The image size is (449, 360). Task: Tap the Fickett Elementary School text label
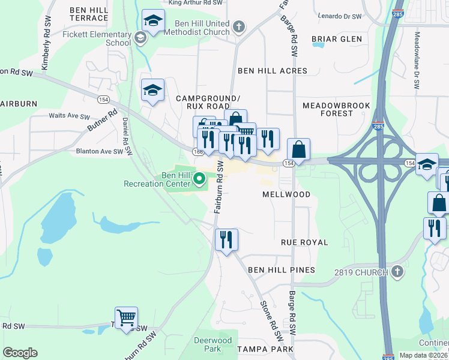pos(97,39)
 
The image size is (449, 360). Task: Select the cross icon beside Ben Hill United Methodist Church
pos(239,27)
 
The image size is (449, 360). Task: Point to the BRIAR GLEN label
pos(337,39)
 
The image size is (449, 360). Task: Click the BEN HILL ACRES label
pos(273,71)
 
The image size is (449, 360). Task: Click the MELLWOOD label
pos(286,194)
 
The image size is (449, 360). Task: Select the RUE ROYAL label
pos(304,242)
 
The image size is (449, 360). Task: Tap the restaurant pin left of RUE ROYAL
pos(226,240)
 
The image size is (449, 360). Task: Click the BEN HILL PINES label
pos(282,270)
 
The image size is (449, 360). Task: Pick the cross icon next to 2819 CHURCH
pos(396,273)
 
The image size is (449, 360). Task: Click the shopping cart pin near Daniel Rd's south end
pos(126,318)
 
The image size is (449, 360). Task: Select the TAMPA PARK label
pos(265,349)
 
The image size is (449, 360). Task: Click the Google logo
pos(20,353)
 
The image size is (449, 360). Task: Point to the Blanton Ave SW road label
pos(99,152)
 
